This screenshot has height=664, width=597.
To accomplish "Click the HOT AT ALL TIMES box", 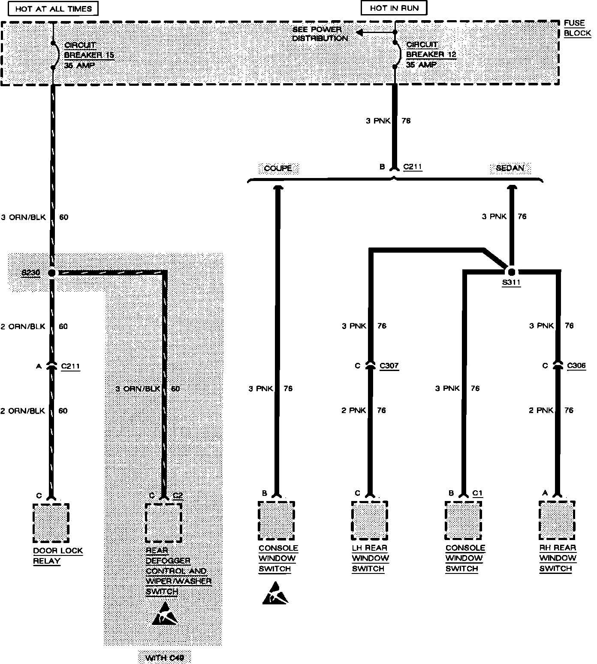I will (x=54, y=9).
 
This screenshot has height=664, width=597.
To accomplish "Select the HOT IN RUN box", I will (x=394, y=8).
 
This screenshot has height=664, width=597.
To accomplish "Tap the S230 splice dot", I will (x=52, y=273).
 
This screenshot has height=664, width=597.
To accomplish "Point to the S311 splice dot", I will (x=511, y=272).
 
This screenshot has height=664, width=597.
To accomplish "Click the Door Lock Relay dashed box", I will (x=51, y=523).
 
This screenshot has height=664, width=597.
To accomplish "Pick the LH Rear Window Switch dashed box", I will (x=369, y=521).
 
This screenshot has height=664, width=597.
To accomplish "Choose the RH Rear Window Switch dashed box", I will (x=557, y=520).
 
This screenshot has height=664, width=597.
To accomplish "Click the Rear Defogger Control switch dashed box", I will (x=163, y=522).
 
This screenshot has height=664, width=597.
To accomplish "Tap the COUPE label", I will (x=278, y=168).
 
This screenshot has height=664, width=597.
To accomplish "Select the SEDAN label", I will (x=510, y=168).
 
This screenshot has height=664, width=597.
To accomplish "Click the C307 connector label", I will (x=389, y=366).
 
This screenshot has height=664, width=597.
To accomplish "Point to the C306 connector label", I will (x=576, y=365).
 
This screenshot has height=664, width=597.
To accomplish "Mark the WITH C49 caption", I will (x=165, y=658).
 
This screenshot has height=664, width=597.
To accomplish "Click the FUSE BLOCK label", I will (x=577, y=28).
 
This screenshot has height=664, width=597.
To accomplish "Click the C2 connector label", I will (x=178, y=495).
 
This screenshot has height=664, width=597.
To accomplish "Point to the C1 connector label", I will (x=478, y=493).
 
